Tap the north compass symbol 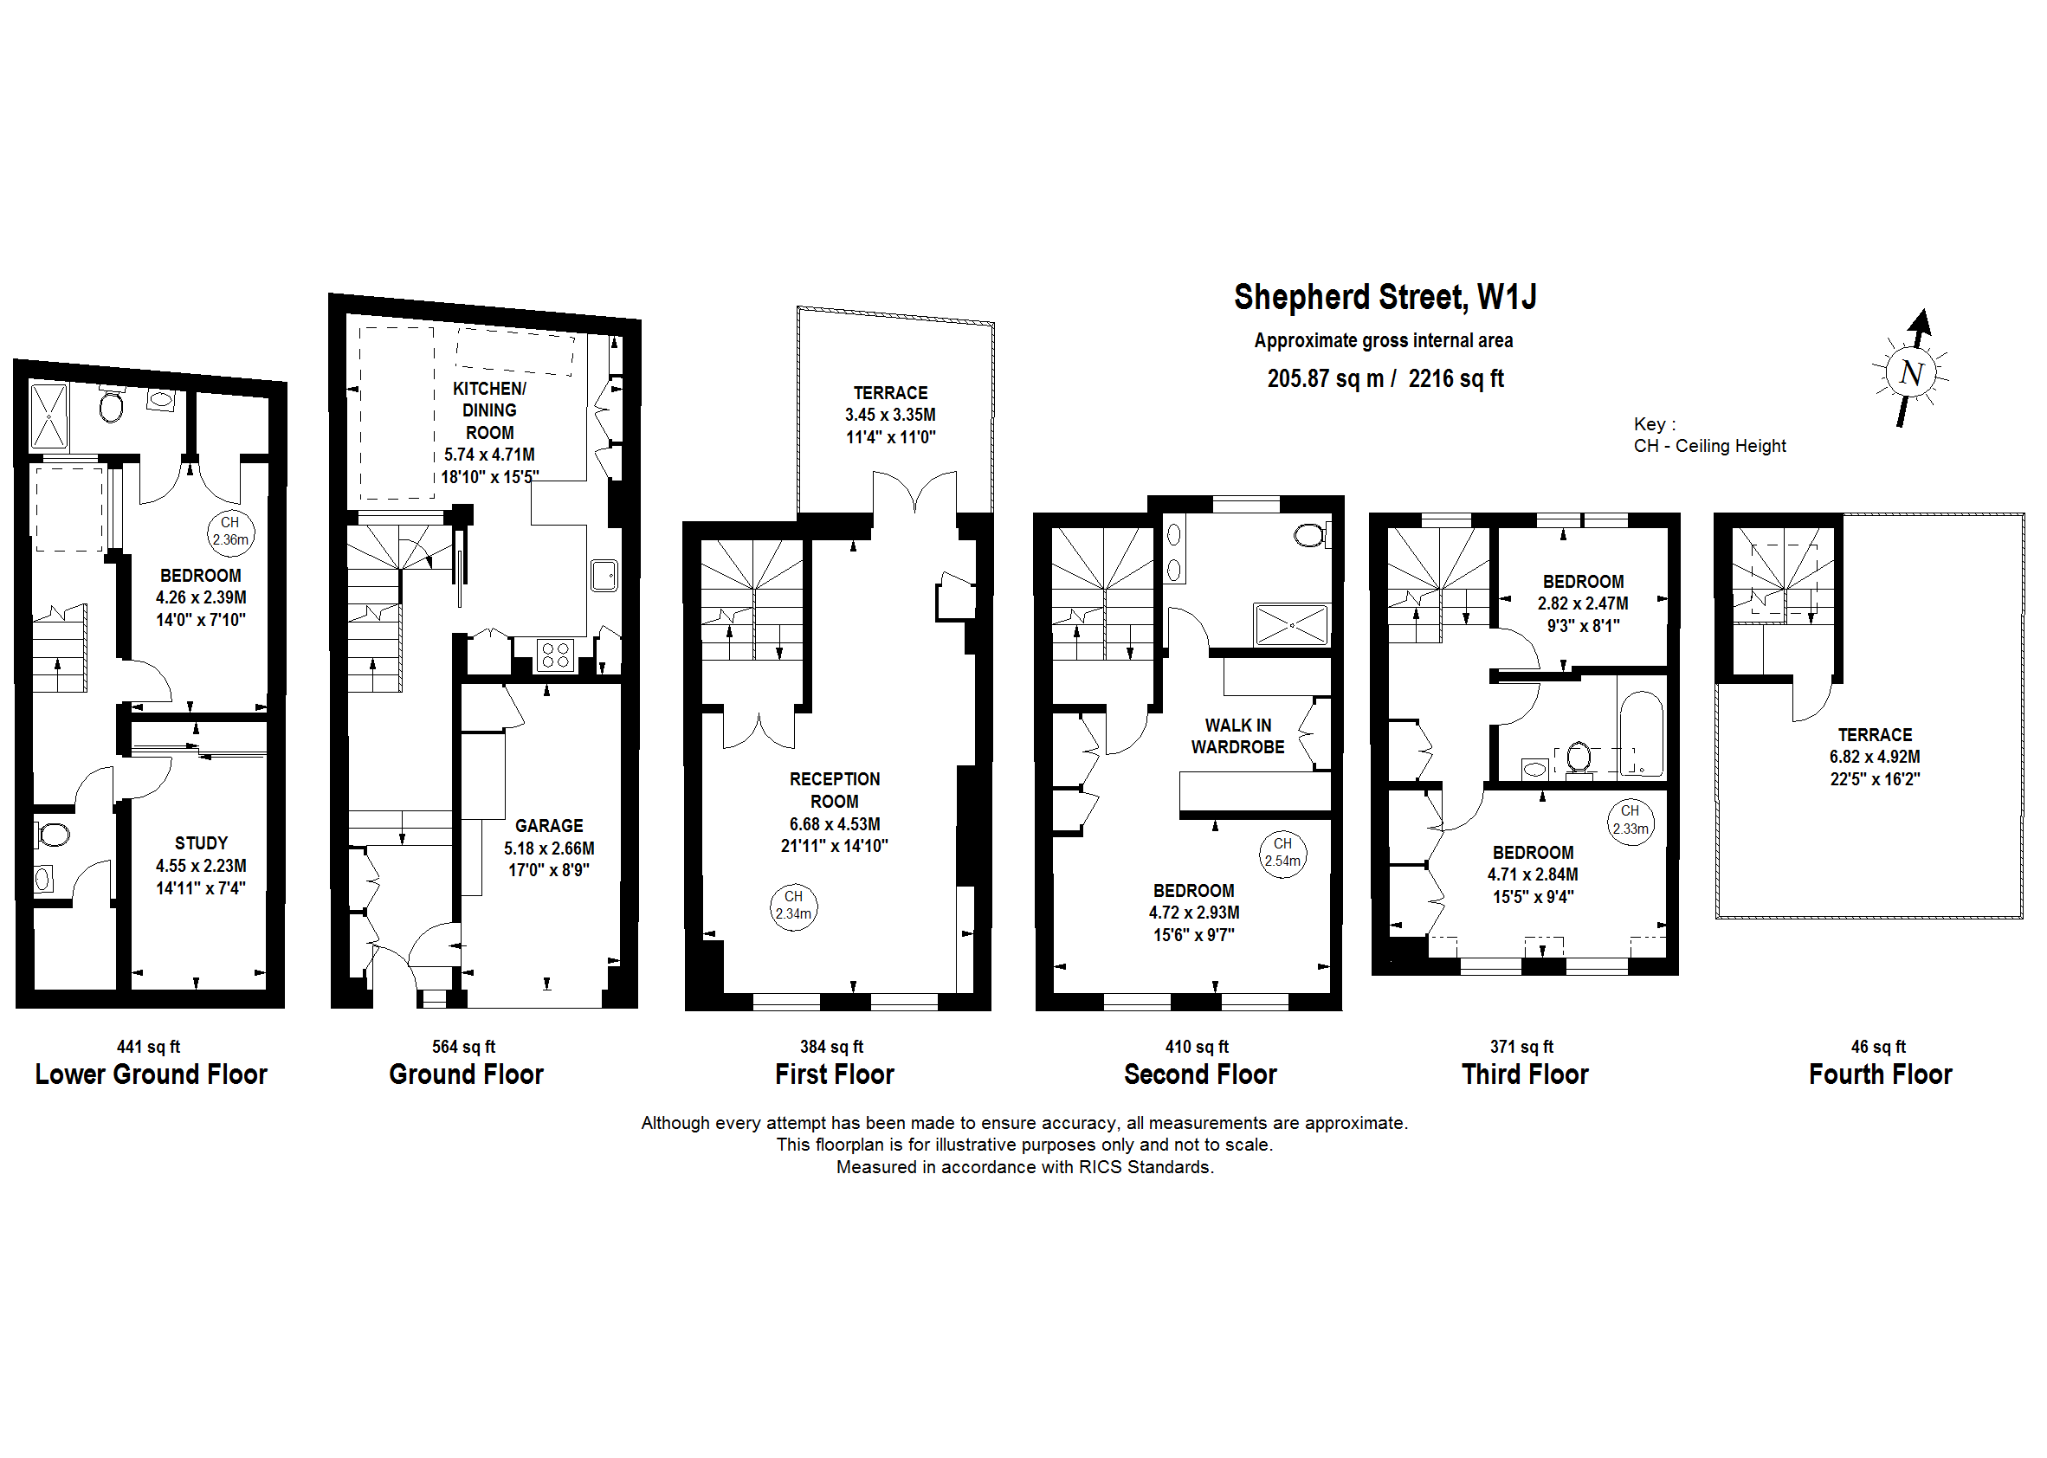[1910, 371]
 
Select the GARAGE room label [549, 825]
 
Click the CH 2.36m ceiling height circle [229, 532]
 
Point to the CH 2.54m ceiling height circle [1282, 853]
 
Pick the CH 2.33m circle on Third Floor [1630, 821]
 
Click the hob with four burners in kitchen [556, 655]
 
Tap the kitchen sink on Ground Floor [604, 575]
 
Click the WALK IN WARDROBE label [1237, 736]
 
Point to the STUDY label [201, 843]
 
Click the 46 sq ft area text [1877, 1047]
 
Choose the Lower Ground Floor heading [151, 1074]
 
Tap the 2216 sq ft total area [1456, 379]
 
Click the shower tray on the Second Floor [1291, 625]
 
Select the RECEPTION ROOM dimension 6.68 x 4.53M [834, 824]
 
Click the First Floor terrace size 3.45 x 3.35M [890, 415]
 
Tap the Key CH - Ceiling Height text [1708, 446]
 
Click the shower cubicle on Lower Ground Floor [48, 416]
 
